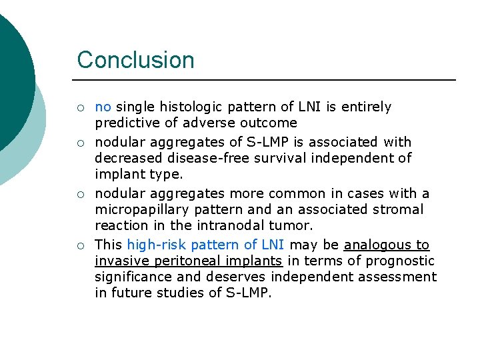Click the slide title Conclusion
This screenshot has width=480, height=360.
[x=135, y=60]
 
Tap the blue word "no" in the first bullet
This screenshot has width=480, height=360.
[x=103, y=107]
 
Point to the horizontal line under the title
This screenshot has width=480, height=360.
[x=267, y=80]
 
